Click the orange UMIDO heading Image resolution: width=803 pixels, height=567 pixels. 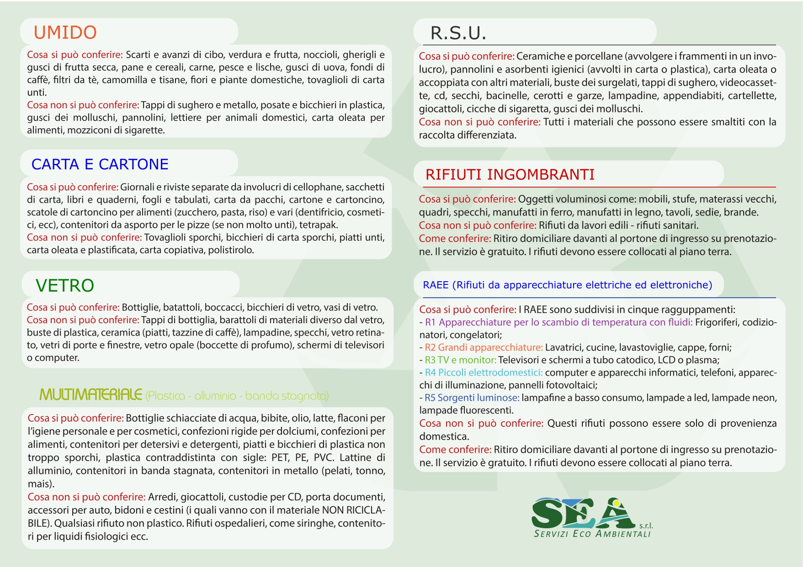(x=65, y=32)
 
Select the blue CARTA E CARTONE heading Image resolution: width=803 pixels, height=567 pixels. (x=100, y=164)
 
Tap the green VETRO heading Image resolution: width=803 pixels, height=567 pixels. (x=65, y=286)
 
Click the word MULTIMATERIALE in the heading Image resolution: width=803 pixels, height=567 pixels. (x=90, y=395)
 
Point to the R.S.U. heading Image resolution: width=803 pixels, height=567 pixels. (x=458, y=33)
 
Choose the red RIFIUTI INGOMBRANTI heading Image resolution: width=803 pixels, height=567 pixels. (x=510, y=175)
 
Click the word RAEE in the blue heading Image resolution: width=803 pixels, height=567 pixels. (x=436, y=285)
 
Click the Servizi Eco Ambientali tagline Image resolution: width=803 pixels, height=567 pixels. (x=592, y=534)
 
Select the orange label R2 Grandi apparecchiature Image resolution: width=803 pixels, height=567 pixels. (x=484, y=347)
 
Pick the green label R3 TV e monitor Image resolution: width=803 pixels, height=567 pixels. (x=460, y=360)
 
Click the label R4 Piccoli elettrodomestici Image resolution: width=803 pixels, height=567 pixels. (x=484, y=373)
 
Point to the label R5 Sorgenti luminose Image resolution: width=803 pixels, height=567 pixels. (x=472, y=398)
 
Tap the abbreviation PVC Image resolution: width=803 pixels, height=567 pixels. (x=324, y=458)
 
